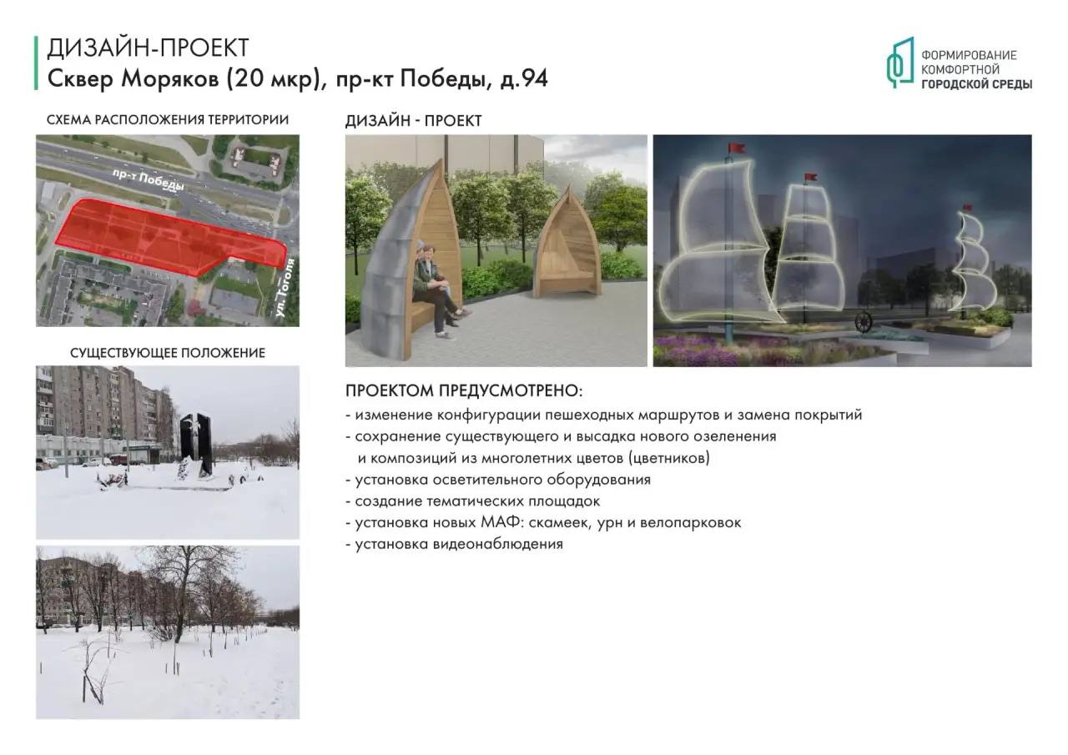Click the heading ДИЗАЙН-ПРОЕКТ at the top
click(148, 48)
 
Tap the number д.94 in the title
click(523, 78)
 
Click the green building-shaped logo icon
click(899, 63)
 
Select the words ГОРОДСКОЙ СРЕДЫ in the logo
click(976, 84)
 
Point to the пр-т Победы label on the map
click(149, 179)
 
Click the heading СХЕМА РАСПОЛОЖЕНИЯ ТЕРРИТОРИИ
click(168, 119)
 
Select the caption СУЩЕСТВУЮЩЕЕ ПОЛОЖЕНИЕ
click(168, 353)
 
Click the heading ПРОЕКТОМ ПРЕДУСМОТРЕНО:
click(464, 390)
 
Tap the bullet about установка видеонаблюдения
click(455, 544)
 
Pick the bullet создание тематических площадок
click(473, 501)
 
